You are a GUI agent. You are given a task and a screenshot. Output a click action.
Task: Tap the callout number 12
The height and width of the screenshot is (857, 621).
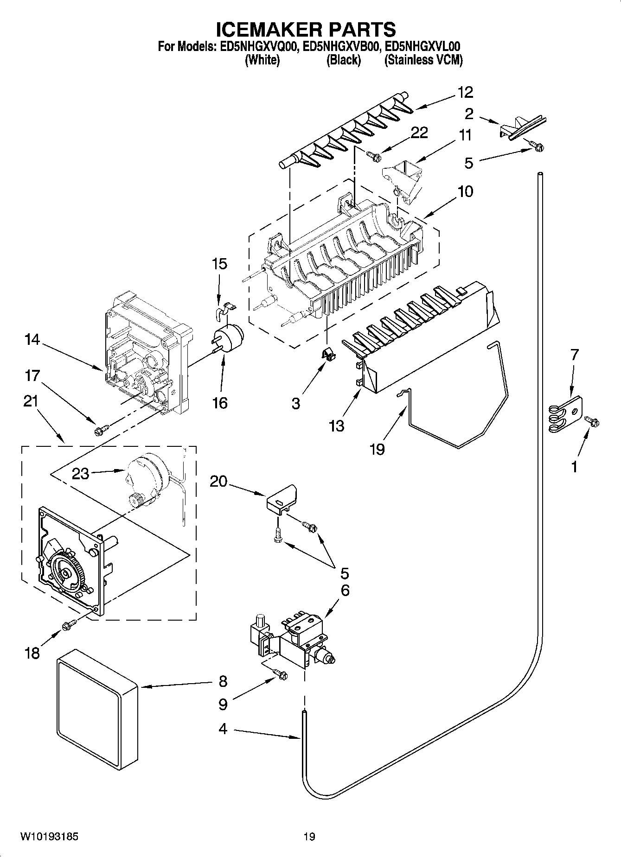465,92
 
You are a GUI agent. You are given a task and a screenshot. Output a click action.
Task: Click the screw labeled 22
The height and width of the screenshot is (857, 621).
373,157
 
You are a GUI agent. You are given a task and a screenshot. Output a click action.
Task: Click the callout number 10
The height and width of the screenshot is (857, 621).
465,191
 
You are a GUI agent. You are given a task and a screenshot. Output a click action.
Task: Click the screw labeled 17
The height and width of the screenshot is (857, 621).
100,431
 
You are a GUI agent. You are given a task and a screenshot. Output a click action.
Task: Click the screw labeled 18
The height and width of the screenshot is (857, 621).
69,625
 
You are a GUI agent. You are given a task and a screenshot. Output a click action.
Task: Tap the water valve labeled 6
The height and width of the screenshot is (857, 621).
297,637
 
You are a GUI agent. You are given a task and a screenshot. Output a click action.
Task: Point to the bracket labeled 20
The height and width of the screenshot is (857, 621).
282,500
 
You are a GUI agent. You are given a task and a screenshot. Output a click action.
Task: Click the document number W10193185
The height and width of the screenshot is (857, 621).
49,836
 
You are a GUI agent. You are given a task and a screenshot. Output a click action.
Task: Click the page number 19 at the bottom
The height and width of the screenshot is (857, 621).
309,836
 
